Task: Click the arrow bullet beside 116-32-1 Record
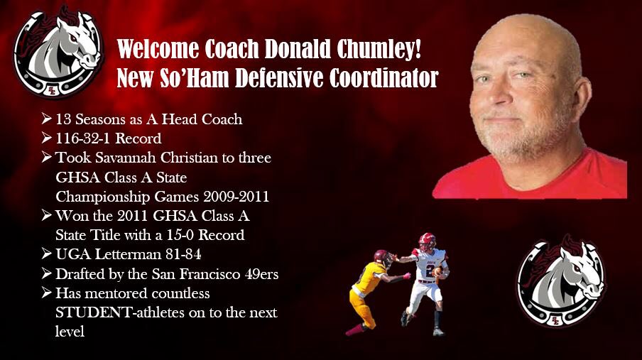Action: point(47,138)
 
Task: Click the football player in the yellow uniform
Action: point(368,288)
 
